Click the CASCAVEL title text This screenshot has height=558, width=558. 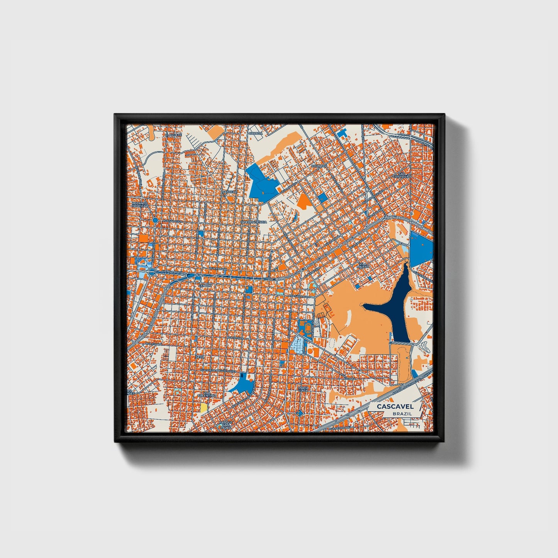pyautogui.click(x=395, y=406)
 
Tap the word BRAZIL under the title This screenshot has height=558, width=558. pyautogui.click(x=402, y=413)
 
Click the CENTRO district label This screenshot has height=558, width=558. pyautogui.click(x=205, y=285)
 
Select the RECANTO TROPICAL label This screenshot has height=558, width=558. pyautogui.click(x=140, y=204)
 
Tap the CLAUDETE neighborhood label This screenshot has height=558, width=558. pyautogui.click(x=173, y=135)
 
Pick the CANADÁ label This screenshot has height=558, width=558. pyautogui.click(x=255, y=133)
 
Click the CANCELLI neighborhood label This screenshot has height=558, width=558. pyautogui.click(x=230, y=192)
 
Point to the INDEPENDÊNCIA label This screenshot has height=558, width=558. pyautogui.click(x=254, y=222)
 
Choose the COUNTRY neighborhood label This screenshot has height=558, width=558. pyautogui.click(x=319, y=166)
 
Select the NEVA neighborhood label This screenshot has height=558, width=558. pyautogui.click(x=210, y=357)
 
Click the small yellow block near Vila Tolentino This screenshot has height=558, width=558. pyautogui.click(x=203, y=407)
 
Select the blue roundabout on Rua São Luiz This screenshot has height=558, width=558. pyautogui.click(x=155, y=220)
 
